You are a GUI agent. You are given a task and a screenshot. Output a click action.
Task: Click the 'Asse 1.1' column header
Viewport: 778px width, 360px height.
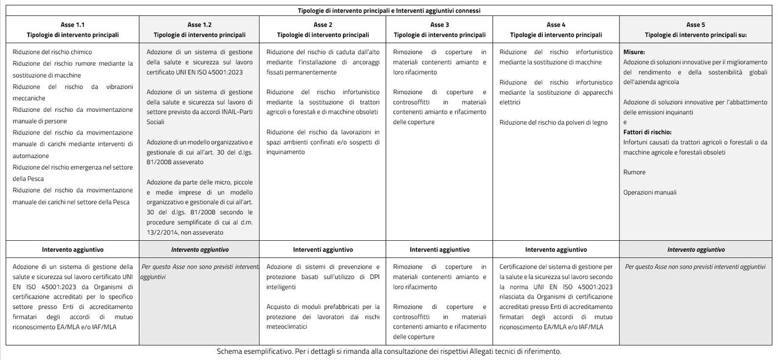72,25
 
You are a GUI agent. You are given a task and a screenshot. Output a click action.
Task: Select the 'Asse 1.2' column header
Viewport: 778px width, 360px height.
199,25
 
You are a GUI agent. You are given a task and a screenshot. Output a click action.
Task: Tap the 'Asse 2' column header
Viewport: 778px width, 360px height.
323,25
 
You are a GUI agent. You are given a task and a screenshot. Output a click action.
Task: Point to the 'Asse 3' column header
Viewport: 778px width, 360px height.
439,25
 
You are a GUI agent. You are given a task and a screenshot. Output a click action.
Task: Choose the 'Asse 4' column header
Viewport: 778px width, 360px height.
556,25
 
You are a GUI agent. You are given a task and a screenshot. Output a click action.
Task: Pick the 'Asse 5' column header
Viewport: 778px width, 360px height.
695,25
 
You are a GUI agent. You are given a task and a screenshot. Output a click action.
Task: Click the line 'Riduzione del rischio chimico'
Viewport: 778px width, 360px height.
52,52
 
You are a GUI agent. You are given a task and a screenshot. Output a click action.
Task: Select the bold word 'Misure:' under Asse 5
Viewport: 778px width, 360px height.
634,52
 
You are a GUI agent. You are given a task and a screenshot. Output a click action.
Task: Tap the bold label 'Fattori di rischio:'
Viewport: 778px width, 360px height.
647,132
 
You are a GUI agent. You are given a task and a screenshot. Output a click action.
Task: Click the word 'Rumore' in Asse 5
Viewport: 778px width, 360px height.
634,173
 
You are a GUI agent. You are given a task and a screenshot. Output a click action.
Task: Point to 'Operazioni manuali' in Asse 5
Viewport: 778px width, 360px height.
650,193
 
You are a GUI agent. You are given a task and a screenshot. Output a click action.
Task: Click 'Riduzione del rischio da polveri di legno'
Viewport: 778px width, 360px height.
553,122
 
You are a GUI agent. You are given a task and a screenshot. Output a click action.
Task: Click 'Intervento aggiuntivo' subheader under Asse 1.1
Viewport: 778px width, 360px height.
72,249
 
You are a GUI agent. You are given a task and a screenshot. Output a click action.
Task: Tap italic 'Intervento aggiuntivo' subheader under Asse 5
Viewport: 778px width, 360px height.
695,249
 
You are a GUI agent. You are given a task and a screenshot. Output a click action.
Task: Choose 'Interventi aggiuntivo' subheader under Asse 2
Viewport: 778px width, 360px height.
323,249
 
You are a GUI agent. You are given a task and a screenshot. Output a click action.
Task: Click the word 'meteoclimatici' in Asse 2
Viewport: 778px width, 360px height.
286,327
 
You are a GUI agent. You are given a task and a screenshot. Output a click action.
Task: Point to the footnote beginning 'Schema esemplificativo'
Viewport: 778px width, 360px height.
389,351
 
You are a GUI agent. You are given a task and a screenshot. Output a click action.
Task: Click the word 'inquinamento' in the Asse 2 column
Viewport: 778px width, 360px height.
286,152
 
